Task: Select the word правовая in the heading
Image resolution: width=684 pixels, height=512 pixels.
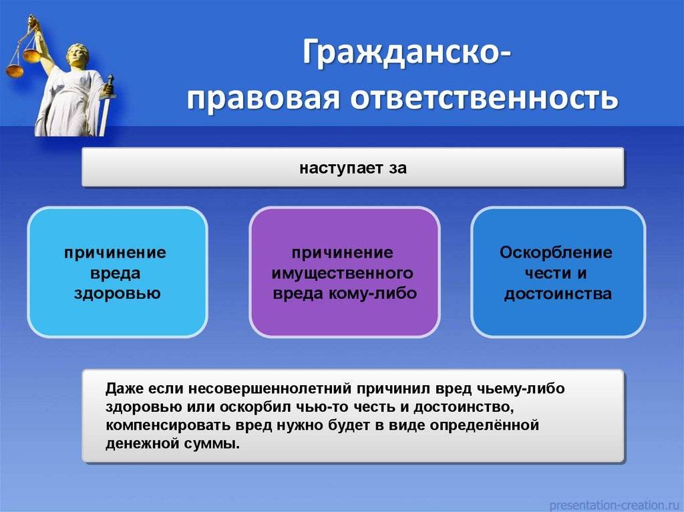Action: [x=264, y=99]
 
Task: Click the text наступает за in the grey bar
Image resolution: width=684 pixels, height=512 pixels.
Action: [x=353, y=168]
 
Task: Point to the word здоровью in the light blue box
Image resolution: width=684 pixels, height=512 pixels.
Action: [x=118, y=294]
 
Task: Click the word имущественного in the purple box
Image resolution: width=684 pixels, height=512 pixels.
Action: [x=343, y=274]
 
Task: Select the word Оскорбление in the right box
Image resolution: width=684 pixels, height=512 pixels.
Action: [x=556, y=252]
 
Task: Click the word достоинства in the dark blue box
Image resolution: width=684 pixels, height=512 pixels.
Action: [x=558, y=294]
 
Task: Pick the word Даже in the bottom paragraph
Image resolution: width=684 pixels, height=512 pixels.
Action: [x=124, y=389]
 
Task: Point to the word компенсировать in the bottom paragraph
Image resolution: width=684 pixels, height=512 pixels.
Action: [x=168, y=425]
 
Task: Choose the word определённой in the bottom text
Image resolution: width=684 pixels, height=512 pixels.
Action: [x=485, y=425]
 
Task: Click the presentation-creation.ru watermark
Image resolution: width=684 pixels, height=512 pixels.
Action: [x=615, y=505]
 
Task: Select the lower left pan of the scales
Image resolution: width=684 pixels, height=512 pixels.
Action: [x=15, y=71]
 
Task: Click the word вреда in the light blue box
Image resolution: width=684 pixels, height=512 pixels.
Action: [x=115, y=274]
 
